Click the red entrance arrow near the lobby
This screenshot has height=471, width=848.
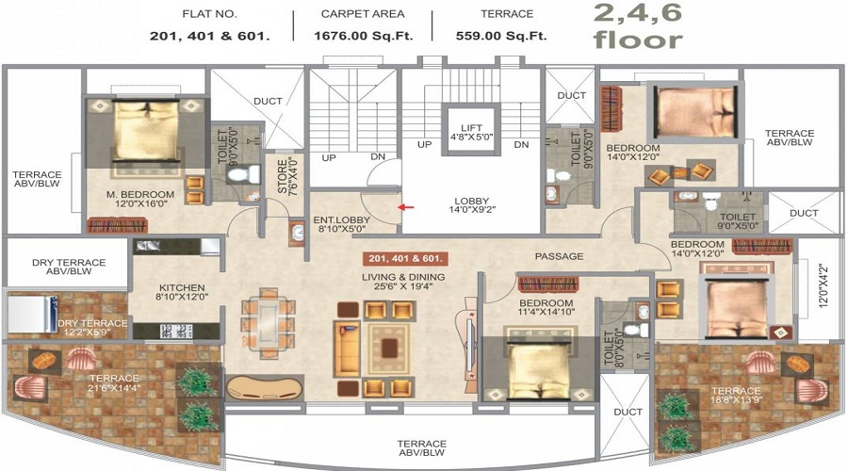tap(406, 206)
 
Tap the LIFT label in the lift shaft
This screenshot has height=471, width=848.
tap(472, 128)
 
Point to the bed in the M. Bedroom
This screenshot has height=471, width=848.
tap(145, 130)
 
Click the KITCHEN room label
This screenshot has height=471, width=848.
tap(182, 287)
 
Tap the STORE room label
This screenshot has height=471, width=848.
tap(283, 176)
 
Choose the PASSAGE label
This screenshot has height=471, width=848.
tap(559, 256)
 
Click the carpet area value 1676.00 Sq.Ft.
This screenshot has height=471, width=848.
tap(364, 36)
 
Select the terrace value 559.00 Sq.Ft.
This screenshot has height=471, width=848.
tap(501, 36)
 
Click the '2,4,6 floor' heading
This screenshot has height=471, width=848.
tap(638, 25)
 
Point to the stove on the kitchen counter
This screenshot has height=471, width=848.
tap(176, 331)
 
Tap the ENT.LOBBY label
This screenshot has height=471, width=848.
tap(342, 220)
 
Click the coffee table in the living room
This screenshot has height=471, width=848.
tap(389, 348)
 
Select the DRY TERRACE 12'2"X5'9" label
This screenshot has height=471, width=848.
tap(92, 327)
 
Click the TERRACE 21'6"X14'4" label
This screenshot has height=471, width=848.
tap(114, 382)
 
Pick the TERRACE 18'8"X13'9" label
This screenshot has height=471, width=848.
tap(736, 396)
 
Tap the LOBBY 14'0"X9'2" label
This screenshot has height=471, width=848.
tap(472, 205)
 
